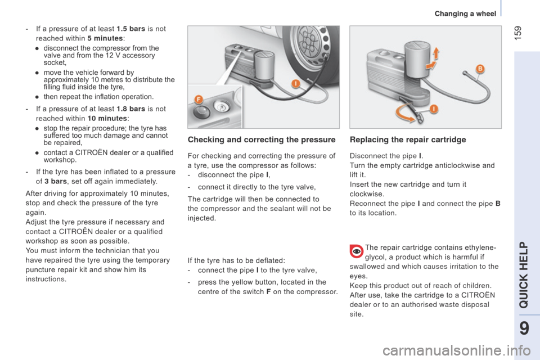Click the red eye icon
tap(357, 252)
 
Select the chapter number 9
tap(524, 328)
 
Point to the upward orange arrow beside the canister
tap(436, 54)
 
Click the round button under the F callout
tap(201, 111)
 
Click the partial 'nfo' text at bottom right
tap(522, 351)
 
